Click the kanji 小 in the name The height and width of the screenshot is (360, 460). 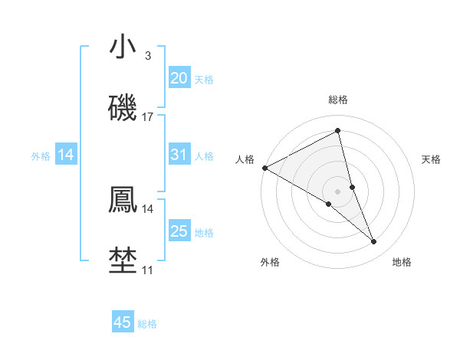(123, 47)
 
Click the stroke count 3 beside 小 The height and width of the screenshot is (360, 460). (147, 56)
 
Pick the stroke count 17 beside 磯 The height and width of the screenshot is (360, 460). (148, 117)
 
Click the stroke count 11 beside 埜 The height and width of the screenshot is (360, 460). (148, 270)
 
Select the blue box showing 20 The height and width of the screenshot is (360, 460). (179, 78)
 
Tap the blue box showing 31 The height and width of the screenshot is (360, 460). (179, 155)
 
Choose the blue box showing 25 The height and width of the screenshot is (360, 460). (179, 231)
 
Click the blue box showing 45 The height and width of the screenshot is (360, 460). (123, 322)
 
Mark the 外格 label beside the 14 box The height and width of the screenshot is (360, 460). (41, 155)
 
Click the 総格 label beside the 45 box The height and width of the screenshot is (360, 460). (147, 324)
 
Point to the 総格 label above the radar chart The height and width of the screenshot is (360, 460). (337, 100)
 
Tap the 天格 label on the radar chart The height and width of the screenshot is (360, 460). (432, 159)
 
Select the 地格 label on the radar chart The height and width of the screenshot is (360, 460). (402, 262)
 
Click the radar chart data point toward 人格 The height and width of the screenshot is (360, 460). (264, 167)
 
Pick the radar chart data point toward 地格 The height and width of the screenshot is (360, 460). (374, 242)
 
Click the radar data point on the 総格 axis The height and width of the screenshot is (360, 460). (337, 131)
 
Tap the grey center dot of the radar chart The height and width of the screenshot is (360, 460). (337, 191)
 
